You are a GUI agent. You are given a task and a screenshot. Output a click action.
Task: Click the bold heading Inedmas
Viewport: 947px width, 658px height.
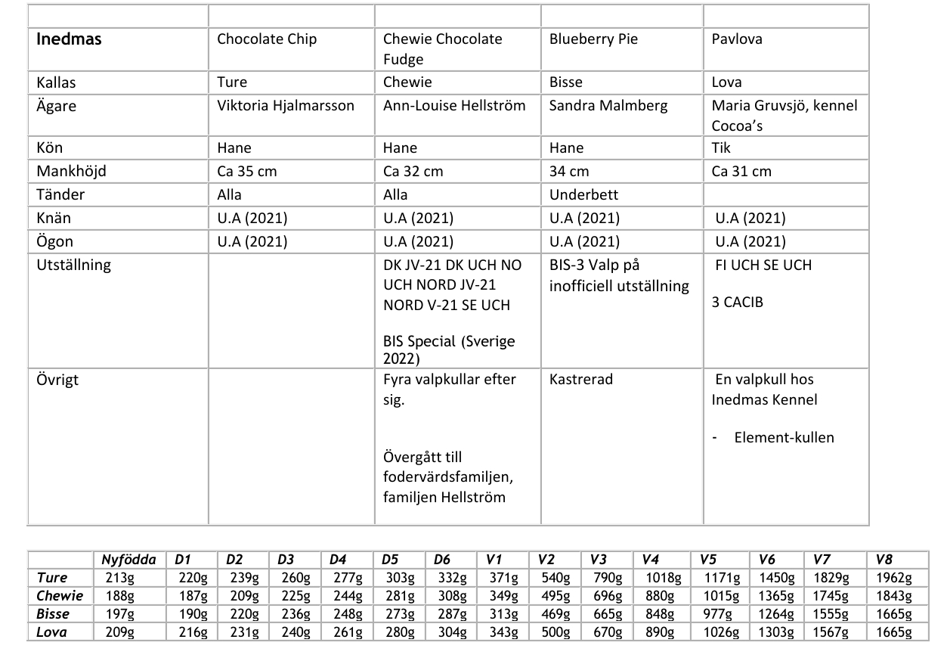pyautogui.click(x=69, y=39)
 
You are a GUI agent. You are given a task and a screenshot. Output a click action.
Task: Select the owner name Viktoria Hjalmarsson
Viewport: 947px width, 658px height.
pyautogui.click(x=285, y=105)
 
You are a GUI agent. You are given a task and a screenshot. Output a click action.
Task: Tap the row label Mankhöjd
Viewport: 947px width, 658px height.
pyautogui.click(x=71, y=171)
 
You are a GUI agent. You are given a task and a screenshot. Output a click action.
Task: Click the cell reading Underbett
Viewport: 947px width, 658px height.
pyautogui.click(x=583, y=194)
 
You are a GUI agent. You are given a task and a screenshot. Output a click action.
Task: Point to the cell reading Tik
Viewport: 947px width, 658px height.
pyautogui.click(x=721, y=147)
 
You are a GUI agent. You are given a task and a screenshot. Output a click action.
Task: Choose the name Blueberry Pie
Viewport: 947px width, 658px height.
pyautogui.click(x=593, y=39)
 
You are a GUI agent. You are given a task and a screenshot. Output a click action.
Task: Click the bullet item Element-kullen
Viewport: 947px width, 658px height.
pyautogui.click(x=784, y=437)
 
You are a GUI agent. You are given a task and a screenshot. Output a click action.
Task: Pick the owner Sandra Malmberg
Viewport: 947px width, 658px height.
pyautogui.click(x=608, y=105)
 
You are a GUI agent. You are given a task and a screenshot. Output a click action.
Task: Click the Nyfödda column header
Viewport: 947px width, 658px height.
pyautogui.click(x=128, y=560)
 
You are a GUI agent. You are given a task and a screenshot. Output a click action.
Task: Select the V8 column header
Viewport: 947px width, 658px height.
pyautogui.click(x=884, y=560)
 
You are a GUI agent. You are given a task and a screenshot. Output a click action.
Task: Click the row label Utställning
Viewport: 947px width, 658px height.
pyautogui.click(x=73, y=265)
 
